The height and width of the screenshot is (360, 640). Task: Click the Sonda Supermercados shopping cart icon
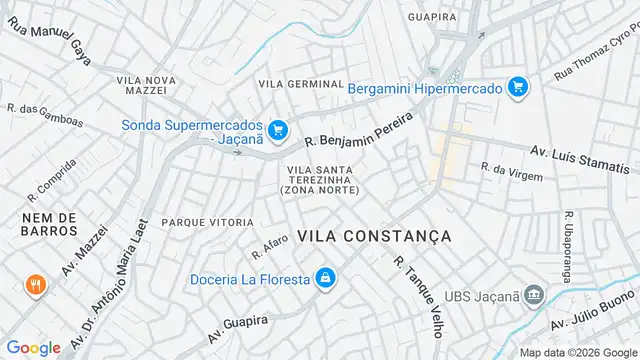[x=278, y=129]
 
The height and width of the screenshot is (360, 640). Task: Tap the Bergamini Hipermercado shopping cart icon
[x=518, y=88]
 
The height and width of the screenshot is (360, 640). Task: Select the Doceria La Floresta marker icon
[x=324, y=278]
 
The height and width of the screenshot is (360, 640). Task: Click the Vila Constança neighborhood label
[x=374, y=236]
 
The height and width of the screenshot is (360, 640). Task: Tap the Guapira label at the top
[x=433, y=16]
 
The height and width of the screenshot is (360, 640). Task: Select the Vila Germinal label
[x=301, y=84]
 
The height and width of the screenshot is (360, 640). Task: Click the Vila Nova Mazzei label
[x=146, y=84]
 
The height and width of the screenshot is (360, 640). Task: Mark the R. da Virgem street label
[x=512, y=172]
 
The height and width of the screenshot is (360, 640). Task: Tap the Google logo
[x=33, y=347]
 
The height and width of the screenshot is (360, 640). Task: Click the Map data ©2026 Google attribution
[x=579, y=352]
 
